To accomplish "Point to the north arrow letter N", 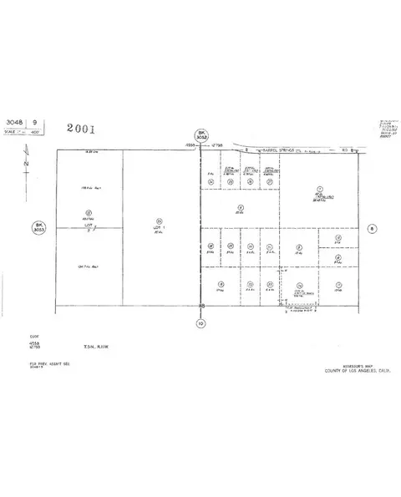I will click(x=27, y=164).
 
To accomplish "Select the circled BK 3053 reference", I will click(x=38, y=227).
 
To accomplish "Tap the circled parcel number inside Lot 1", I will click(x=160, y=220).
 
